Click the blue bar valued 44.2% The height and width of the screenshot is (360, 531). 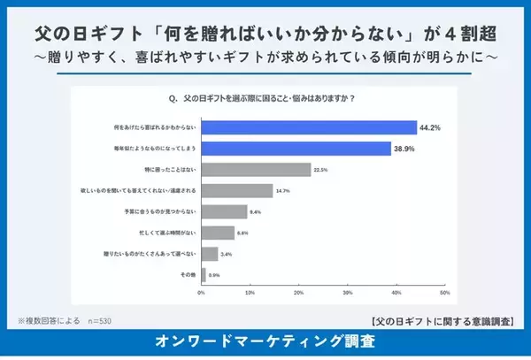(309, 127)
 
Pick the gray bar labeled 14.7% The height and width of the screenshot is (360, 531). (237, 191)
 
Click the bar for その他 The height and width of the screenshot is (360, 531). (204, 274)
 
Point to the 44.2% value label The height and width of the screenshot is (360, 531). (432, 127)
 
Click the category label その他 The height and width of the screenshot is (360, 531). (189, 275)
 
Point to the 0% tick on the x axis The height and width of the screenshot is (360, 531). (202, 293)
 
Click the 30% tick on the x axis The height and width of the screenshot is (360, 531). (348, 293)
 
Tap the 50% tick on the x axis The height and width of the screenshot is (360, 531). (444, 293)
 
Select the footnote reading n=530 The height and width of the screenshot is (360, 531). (96, 320)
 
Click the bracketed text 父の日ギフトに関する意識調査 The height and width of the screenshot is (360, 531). (445, 320)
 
